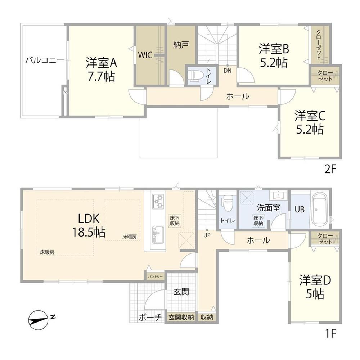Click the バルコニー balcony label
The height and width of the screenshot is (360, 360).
pyautogui.click(x=45, y=60)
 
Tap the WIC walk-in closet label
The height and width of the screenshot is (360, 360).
pyautogui.click(x=145, y=55)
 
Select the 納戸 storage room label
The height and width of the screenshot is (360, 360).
pyautogui.click(x=181, y=45)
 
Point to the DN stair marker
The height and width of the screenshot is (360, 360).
pyautogui.click(x=228, y=71)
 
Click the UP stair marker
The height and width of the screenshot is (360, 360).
pyautogui.click(x=207, y=235)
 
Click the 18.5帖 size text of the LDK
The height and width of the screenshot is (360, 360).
pyautogui.click(x=89, y=232)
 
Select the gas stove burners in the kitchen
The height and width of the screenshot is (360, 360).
pyautogui.click(x=158, y=201)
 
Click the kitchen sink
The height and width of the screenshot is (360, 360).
pyautogui.click(x=158, y=235)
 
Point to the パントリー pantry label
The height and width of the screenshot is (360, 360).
pyautogui.click(x=155, y=276)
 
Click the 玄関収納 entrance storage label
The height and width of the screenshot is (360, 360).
pyautogui.click(x=181, y=317)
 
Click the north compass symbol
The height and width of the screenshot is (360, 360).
pyautogui.click(x=39, y=320)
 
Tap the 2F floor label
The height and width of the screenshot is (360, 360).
pyautogui.click(x=330, y=170)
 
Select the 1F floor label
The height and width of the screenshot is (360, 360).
pyautogui.click(x=330, y=334)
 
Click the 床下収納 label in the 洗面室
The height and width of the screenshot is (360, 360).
pyautogui.click(x=258, y=220)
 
